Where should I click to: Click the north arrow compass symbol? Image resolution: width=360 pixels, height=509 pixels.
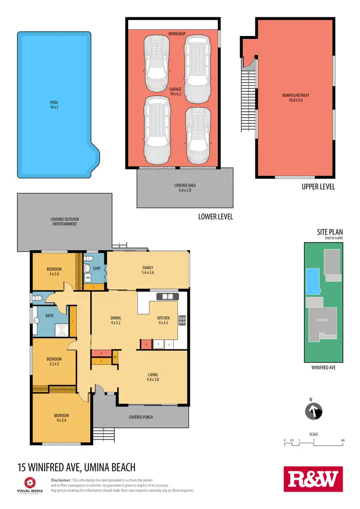[314, 411]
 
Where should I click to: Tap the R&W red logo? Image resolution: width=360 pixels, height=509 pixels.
[314, 479]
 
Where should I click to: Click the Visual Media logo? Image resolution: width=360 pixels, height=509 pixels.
[30, 484]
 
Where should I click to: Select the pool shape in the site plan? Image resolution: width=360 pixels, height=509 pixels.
[312, 281]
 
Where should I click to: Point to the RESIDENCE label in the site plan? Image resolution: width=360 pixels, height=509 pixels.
[322, 320]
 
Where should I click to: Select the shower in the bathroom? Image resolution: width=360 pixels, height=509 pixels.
[61, 330]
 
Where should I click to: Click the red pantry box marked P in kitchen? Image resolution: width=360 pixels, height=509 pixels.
[145, 344]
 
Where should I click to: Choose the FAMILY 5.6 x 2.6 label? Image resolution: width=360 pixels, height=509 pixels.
[147, 271]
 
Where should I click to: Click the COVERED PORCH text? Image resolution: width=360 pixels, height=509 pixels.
[141, 417]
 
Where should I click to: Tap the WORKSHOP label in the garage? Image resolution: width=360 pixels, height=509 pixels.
[177, 34]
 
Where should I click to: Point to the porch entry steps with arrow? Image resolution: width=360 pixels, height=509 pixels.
[99, 433]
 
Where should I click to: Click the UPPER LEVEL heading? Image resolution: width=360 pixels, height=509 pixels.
[318, 187]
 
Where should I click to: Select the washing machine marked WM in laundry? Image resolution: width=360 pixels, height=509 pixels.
[88, 278]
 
